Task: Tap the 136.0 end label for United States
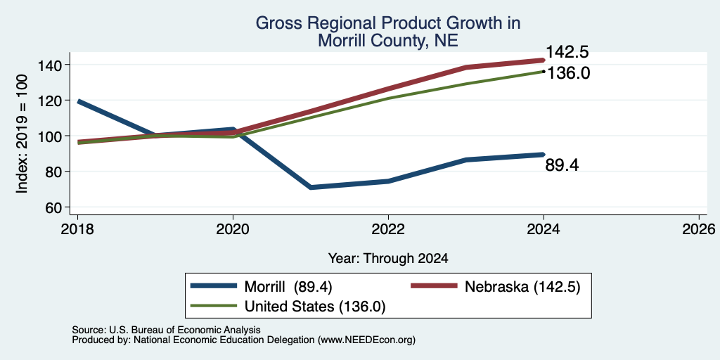(568, 73)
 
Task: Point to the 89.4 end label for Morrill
(562, 165)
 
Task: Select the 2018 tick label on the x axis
(77, 229)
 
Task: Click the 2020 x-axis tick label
(233, 229)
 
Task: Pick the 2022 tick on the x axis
(388, 229)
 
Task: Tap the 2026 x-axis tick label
(700, 229)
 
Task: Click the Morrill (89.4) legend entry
(261, 287)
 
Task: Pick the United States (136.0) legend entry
(288, 307)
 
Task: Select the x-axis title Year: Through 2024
(388, 258)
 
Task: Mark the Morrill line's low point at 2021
(311, 187)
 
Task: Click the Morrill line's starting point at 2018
(77, 101)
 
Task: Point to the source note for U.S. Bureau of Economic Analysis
(166, 330)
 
